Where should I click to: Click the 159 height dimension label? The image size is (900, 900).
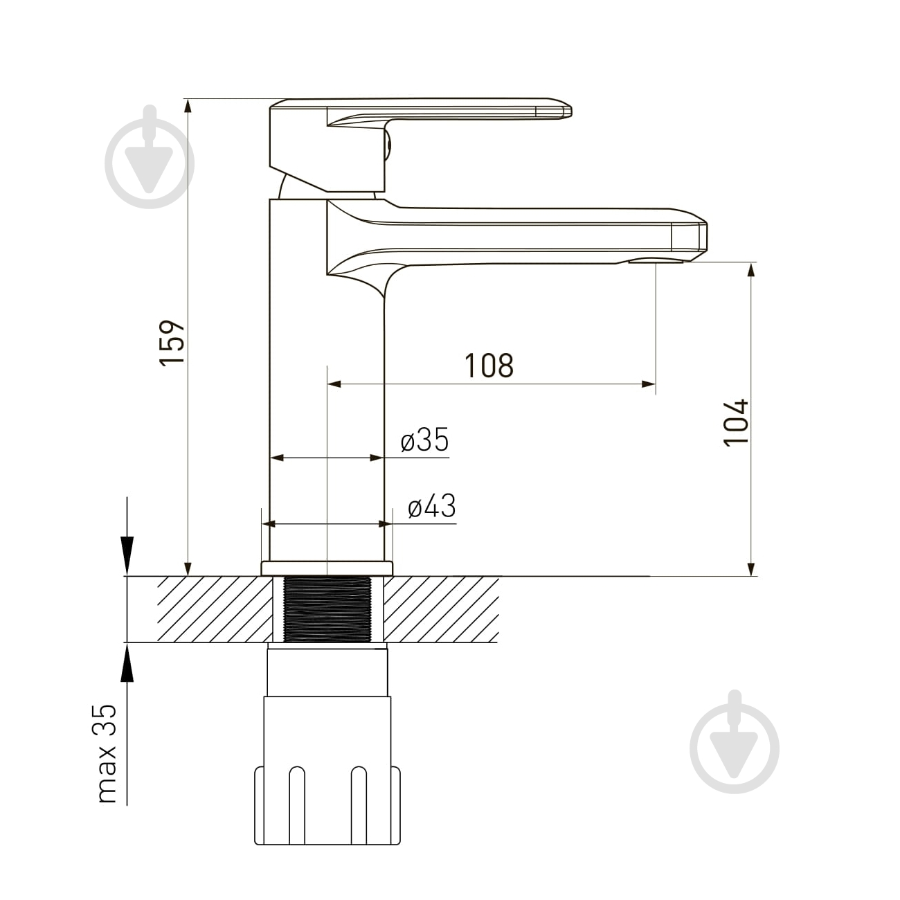pos(172,343)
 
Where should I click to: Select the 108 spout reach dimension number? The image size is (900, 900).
pos(489,366)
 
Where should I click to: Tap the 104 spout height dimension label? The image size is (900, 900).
pos(736,422)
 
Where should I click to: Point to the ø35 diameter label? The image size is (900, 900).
pos(424,440)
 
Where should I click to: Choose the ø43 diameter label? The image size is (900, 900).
pos(431,506)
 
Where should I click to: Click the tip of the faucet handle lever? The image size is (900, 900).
pos(570,111)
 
